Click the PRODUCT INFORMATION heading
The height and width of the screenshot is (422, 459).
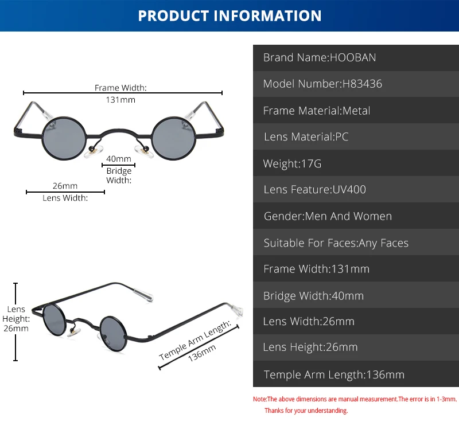point(229,15)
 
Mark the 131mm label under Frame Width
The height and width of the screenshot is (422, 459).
point(121,99)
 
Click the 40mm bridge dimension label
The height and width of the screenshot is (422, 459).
point(119,159)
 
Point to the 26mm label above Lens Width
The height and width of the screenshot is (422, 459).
point(65,186)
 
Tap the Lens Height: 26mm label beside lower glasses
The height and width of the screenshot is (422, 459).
point(17,319)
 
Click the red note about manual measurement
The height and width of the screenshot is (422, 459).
point(355,398)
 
